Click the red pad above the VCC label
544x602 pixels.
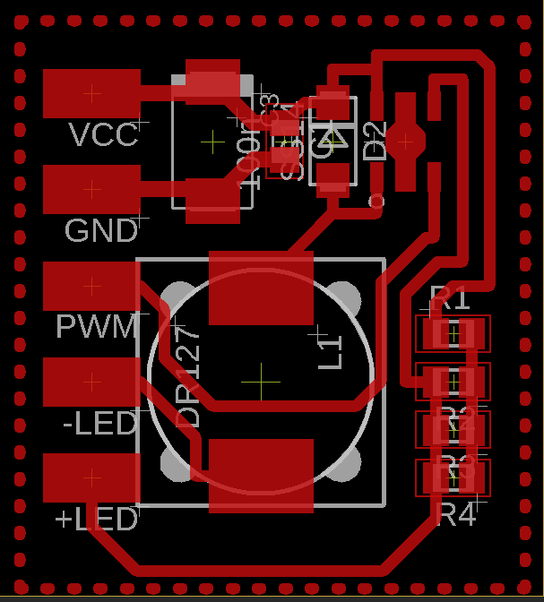click(91, 93)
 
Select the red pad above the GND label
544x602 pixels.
click(91, 189)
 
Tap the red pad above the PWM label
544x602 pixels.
click(91, 286)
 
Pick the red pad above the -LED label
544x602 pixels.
click(91, 382)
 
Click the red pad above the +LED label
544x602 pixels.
click(91, 477)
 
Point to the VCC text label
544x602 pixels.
click(104, 135)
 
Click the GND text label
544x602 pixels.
click(101, 231)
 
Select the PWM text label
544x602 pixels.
click(97, 327)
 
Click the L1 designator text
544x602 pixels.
click(331, 350)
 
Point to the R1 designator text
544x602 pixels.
click(450, 297)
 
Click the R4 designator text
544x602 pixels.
click(455, 515)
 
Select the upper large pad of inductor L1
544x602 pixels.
click(261, 288)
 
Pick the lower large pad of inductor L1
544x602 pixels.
click(261, 475)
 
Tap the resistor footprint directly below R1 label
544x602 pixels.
click(453, 334)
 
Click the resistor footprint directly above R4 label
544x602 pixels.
click(453, 477)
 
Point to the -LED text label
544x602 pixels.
click(100, 424)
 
